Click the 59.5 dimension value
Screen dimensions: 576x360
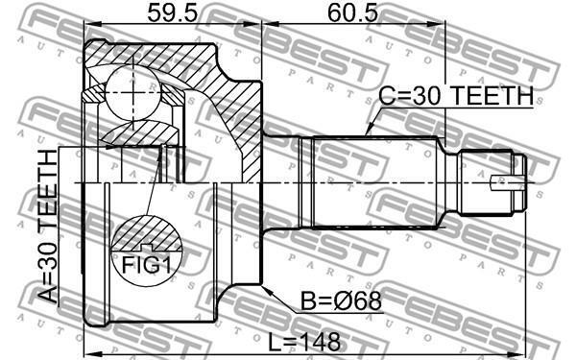[172, 13]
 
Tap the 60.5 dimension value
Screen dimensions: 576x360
[352, 13]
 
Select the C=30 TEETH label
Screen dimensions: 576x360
[456, 96]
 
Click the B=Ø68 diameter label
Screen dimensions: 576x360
[341, 301]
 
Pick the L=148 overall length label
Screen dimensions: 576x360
[304, 342]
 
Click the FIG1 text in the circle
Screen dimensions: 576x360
[147, 265]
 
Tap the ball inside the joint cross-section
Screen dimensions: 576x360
[132, 93]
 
